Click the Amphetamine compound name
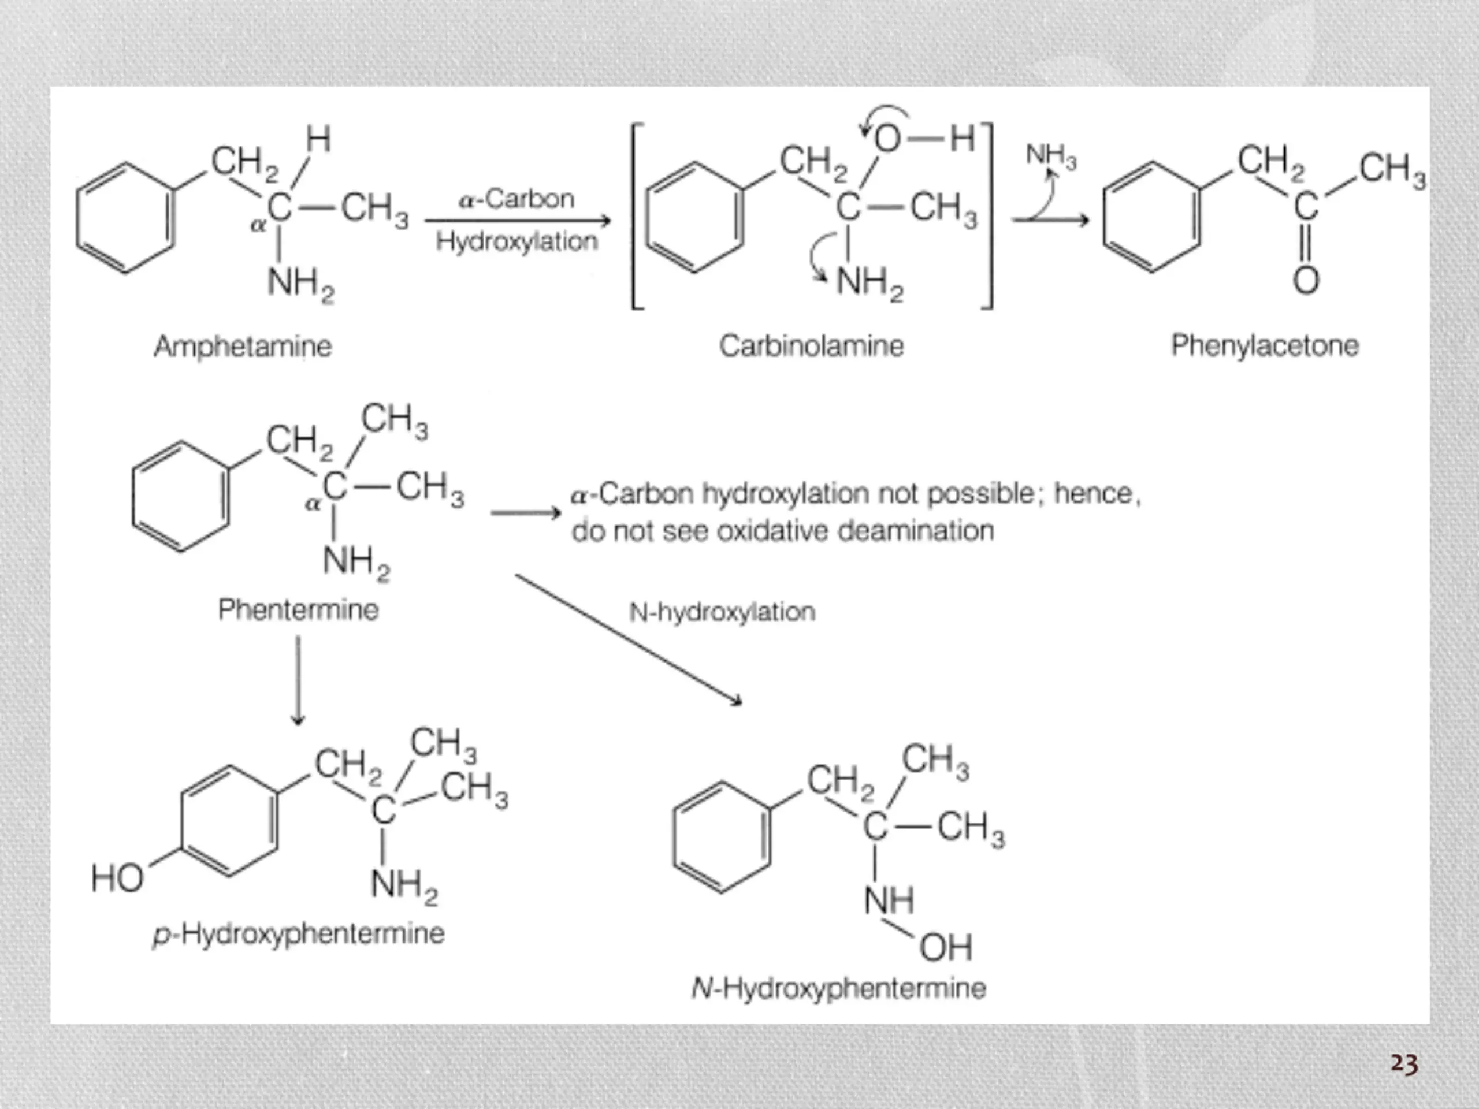point(243,346)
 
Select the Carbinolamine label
point(811,345)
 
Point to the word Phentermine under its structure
point(298,609)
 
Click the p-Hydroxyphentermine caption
point(299,934)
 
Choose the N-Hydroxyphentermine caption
point(839,988)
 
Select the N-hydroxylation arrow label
point(722,612)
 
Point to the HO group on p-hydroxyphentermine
point(117,878)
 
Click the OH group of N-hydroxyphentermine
point(945,947)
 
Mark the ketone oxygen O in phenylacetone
point(1306,281)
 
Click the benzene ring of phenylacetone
point(1151,217)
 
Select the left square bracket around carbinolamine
point(637,216)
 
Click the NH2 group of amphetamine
point(301,284)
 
